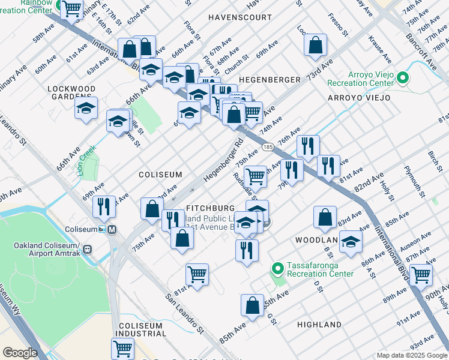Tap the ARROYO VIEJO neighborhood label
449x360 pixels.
coord(359,98)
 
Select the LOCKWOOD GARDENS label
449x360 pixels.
coord(71,92)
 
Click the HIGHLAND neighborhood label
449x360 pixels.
coord(319,325)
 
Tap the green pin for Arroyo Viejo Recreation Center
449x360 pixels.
coord(403,78)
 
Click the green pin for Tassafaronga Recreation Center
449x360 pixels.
coord(277,268)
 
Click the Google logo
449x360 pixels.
coord(20,353)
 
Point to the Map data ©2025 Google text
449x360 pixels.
coord(412,355)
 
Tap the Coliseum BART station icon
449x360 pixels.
coord(111,229)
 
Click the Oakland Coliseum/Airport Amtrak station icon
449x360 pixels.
coord(88,250)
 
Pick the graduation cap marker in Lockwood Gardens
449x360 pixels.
coord(86,109)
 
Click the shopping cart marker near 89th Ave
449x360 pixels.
coord(421,275)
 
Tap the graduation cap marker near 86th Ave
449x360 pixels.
coord(351,242)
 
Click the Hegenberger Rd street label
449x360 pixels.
coord(222,163)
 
